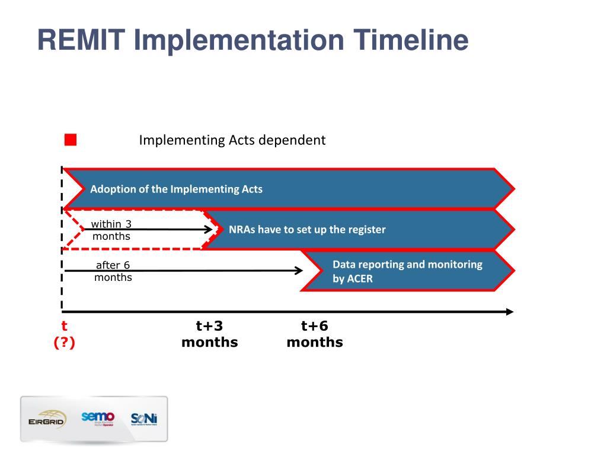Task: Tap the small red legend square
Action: [x=71, y=140]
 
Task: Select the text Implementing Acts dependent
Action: [x=232, y=140]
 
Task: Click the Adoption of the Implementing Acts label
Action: [x=176, y=189]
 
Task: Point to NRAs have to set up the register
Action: [x=307, y=229]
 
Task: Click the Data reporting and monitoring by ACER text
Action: [x=407, y=271]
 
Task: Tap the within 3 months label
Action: [x=111, y=230]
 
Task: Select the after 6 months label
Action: [x=113, y=271]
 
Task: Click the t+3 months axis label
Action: [x=209, y=334]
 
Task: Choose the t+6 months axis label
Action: [x=314, y=334]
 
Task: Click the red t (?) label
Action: [x=64, y=334]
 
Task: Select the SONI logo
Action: [x=144, y=419]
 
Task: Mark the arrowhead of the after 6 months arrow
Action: [x=299, y=271]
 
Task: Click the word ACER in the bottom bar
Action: [x=360, y=278]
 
